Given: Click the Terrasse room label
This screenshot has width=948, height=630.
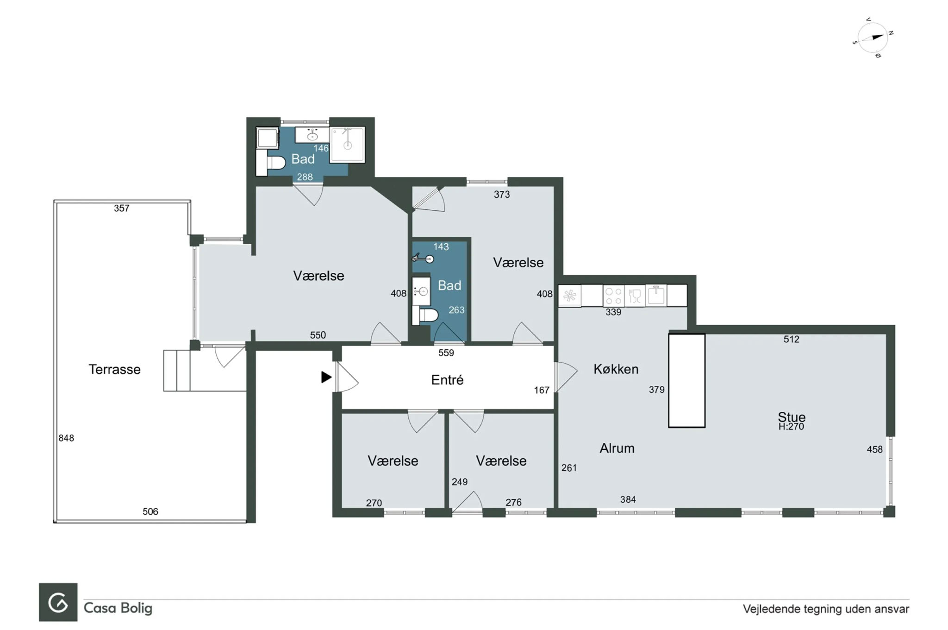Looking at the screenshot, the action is pyautogui.click(x=114, y=369).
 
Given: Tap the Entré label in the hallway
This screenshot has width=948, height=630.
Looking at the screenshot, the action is pyautogui.click(x=447, y=380).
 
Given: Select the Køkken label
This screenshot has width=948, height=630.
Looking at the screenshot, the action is pyautogui.click(x=616, y=369).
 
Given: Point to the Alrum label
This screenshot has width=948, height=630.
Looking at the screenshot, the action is pyautogui.click(x=617, y=448).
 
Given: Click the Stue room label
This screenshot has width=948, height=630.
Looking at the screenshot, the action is pyautogui.click(x=792, y=416).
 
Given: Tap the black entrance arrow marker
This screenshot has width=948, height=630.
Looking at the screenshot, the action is pyautogui.click(x=326, y=377).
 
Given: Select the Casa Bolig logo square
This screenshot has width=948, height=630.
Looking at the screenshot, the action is pyautogui.click(x=58, y=602).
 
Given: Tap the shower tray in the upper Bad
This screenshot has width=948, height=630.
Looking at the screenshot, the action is pyautogui.click(x=347, y=145).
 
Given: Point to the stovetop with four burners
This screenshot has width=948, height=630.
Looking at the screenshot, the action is pyautogui.click(x=613, y=296).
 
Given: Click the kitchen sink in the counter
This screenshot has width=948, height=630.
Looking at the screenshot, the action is pyautogui.click(x=655, y=295).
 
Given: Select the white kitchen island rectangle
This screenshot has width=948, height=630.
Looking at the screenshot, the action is pyautogui.click(x=686, y=380).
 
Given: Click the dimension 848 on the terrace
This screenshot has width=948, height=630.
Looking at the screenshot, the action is pyautogui.click(x=66, y=438).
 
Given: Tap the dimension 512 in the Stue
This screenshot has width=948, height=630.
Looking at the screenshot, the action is pyautogui.click(x=791, y=339).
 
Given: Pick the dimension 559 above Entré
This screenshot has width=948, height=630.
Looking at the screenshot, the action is pyautogui.click(x=446, y=353).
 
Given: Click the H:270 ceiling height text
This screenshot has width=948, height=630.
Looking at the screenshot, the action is pyautogui.click(x=791, y=427).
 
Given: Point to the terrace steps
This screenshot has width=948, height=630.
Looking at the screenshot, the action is pyautogui.click(x=177, y=371).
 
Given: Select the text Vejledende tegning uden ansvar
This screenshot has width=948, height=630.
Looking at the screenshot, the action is pyautogui.click(x=826, y=609).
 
